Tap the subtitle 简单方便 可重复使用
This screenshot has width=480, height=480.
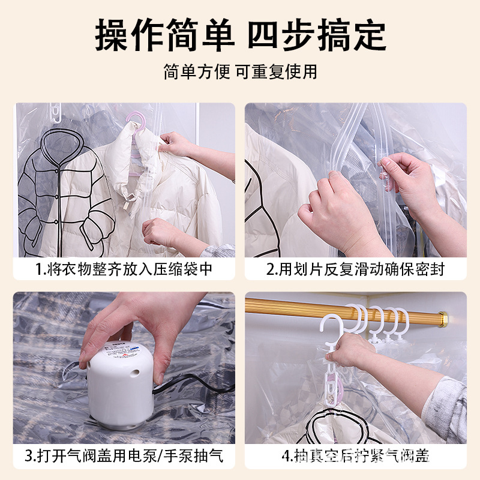pyautogui.click(x=241, y=72)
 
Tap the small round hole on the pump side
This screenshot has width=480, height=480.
pyautogui.click(x=136, y=373)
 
